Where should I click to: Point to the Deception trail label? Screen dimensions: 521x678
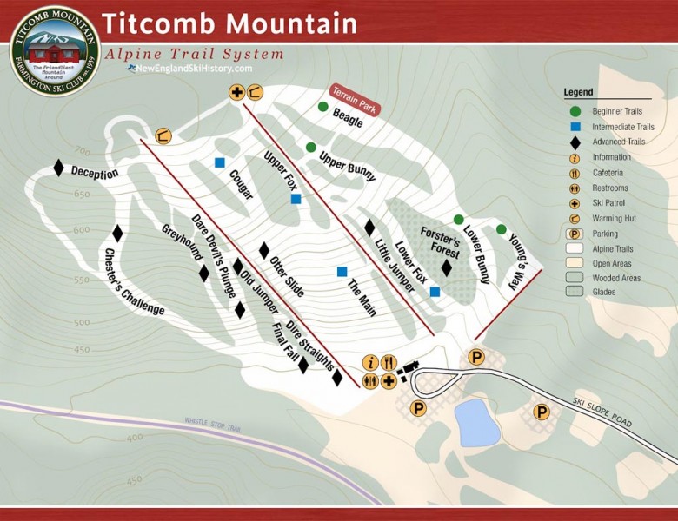(95, 173)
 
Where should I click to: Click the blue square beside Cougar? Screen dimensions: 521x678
(220, 162)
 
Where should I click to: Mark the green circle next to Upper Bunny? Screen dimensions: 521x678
(310, 148)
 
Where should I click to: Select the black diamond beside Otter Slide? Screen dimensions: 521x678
(264, 250)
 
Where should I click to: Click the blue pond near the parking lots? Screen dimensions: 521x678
(477, 422)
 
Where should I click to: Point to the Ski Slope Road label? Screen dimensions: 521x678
(602, 413)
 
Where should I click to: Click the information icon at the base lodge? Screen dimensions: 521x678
(370, 362)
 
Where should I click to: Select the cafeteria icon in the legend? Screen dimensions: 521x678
(575, 173)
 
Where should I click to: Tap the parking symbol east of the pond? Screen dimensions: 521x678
(542, 412)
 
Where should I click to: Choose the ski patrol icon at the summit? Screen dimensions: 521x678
(236, 91)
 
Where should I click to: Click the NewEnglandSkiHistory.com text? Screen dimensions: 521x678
(192, 69)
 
